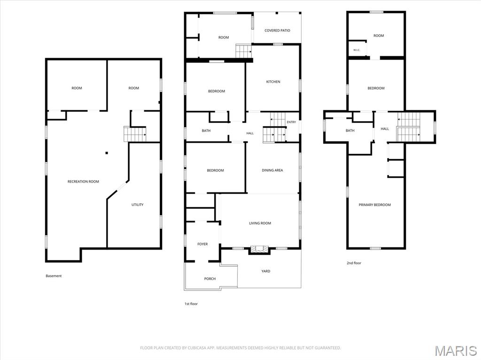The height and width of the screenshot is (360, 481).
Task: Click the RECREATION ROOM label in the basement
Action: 83,182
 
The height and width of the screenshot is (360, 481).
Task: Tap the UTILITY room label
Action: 138,205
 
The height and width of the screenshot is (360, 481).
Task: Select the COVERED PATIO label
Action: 277,31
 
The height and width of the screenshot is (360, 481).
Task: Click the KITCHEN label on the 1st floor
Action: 273,82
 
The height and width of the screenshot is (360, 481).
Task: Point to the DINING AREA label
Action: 272,170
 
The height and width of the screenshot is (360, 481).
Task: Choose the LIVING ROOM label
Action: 260,223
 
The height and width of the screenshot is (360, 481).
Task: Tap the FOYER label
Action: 202,244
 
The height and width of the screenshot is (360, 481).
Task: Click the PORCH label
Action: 210,279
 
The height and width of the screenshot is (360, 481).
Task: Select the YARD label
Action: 266,271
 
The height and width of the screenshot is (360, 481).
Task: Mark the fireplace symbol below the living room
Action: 259,249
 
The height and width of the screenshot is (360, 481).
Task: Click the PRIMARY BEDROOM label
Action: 375,205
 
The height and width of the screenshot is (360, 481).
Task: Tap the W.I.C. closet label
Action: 357,50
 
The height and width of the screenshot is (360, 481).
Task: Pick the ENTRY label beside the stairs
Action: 291,122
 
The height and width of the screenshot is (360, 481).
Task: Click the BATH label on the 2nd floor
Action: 350,130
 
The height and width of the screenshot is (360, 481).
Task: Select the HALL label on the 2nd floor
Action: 385,129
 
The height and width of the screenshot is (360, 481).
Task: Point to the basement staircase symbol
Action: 135,134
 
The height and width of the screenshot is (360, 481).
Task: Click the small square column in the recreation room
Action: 107,153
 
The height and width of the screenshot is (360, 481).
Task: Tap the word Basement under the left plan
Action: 54,276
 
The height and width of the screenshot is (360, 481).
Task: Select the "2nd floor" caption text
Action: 354,263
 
